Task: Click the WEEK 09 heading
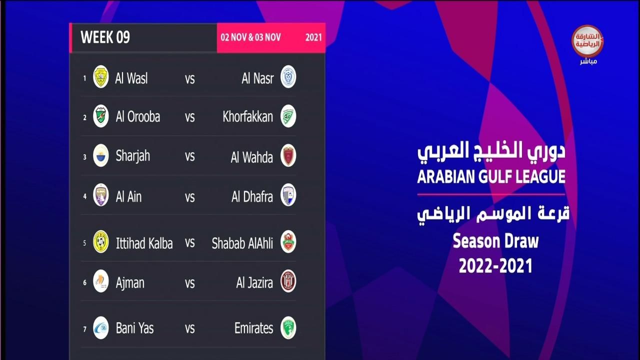(105, 37)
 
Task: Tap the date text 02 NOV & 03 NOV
(250, 37)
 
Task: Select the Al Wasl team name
(131, 78)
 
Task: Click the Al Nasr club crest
(288, 76)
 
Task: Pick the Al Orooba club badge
(101, 116)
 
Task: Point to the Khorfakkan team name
(247, 116)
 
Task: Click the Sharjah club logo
(101, 155)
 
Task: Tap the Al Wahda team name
(251, 157)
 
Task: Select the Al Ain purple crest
(101, 195)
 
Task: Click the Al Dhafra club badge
(288, 195)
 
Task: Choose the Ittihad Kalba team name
(144, 243)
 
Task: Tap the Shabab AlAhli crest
(288, 241)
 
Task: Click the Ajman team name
(130, 283)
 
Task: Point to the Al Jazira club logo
(288, 281)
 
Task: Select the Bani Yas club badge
(101, 327)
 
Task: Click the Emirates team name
(253, 328)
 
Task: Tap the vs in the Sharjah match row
(189, 156)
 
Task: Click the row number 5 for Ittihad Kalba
(84, 243)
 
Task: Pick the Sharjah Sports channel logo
(587, 41)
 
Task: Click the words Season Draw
(495, 241)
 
